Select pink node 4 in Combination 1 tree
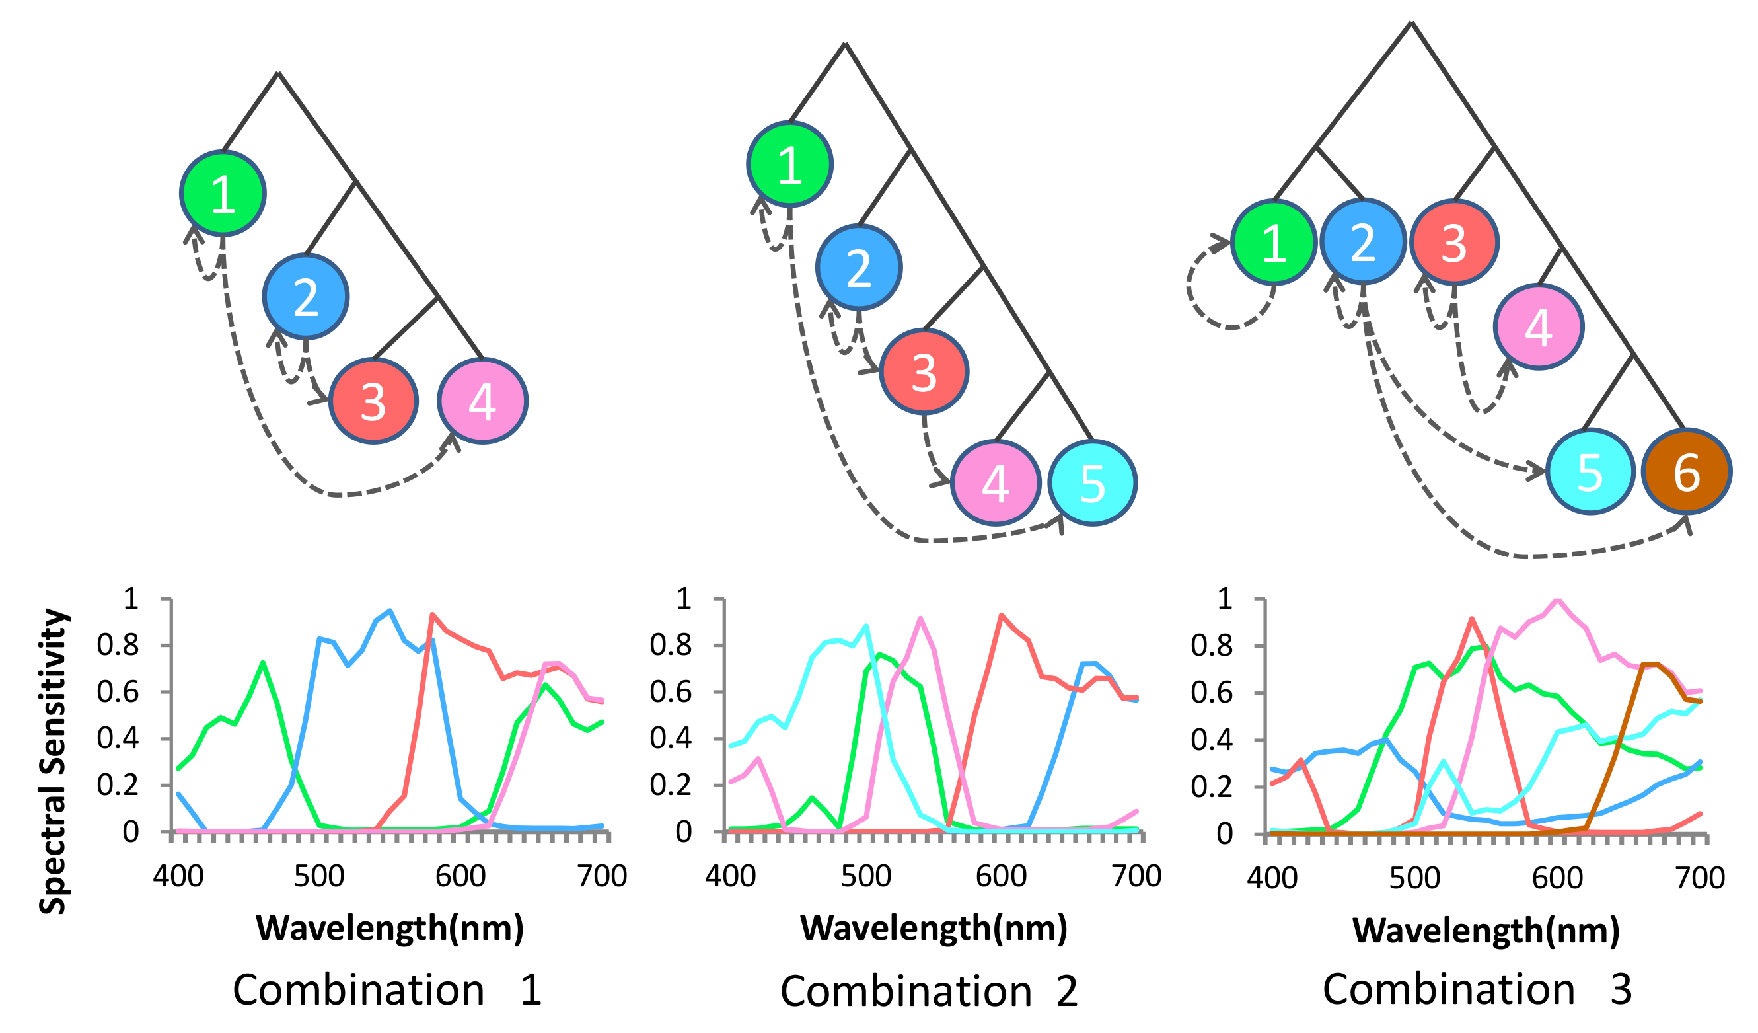point(482,401)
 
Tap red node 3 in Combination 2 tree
point(923,372)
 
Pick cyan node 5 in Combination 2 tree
point(1092,482)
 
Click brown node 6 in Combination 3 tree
point(1686,471)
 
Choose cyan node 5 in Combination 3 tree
point(1590,471)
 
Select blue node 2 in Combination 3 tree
point(1362,241)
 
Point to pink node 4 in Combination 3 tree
point(1538,326)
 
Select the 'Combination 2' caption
point(928,991)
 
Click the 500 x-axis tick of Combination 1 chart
point(319,876)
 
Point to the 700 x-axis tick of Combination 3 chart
point(1699,877)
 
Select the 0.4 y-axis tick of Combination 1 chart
point(117,738)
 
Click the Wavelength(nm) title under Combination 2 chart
point(934,929)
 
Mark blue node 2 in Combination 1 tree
point(306,297)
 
